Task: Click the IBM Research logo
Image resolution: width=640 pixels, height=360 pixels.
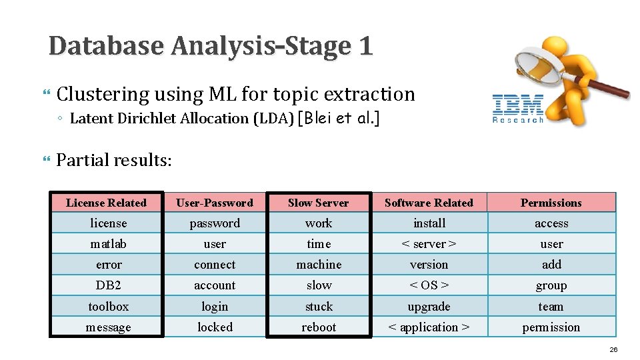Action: (x=518, y=109)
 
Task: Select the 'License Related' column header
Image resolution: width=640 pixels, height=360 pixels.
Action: (x=107, y=203)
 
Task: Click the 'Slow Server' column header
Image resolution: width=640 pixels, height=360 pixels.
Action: (x=318, y=203)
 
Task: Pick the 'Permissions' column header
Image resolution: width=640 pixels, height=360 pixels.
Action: (x=551, y=203)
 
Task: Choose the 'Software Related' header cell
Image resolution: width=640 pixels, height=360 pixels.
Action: (x=429, y=203)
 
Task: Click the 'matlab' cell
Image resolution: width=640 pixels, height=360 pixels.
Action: (x=108, y=244)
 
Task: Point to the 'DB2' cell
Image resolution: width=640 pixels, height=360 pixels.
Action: (x=108, y=285)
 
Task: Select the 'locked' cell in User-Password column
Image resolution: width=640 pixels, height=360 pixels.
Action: (x=215, y=327)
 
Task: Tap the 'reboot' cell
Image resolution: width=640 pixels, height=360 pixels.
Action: (x=319, y=327)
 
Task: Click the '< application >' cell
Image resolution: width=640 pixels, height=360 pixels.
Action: (x=429, y=327)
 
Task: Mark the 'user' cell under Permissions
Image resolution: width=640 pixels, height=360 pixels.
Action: (x=551, y=244)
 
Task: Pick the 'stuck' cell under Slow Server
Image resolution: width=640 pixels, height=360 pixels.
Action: (x=319, y=307)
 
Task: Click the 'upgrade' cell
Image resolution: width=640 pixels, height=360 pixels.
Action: (x=429, y=307)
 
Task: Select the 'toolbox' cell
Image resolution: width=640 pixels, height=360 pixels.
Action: (x=108, y=307)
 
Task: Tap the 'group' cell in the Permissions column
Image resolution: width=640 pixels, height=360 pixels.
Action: (x=551, y=285)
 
